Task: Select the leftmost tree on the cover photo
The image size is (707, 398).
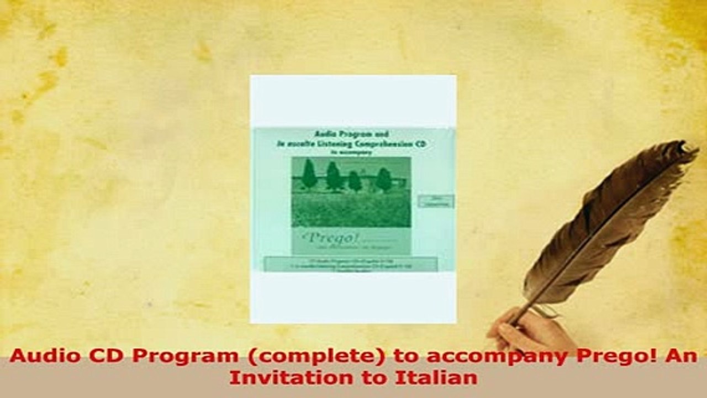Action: coord(309,175)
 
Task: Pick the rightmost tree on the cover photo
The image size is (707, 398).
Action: coord(384,179)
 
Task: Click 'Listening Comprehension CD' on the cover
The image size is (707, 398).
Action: coord(376,143)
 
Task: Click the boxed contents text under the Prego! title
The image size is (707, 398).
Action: coord(351,264)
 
